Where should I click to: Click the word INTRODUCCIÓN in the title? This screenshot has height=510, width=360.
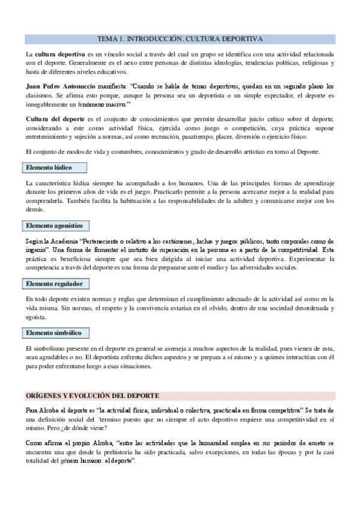(x=150, y=38)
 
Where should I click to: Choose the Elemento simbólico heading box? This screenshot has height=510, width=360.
(x=57, y=333)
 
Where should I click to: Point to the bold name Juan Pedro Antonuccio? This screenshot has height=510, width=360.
(x=60, y=86)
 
